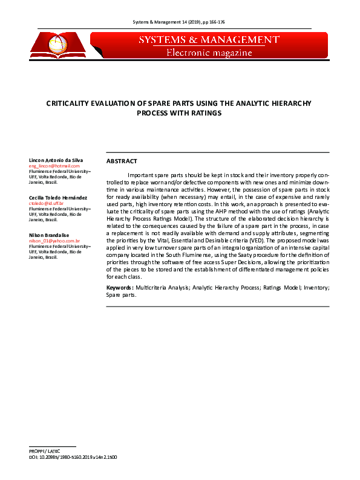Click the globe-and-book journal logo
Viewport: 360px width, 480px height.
(x=59, y=45)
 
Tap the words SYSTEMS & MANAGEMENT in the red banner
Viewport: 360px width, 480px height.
(x=209, y=40)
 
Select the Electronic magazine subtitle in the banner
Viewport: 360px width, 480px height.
(x=209, y=53)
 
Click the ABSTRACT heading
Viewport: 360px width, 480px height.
(x=122, y=161)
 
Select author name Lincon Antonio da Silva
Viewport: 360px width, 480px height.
(x=56, y=160)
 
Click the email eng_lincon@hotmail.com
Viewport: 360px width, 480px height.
(x=54, y=166)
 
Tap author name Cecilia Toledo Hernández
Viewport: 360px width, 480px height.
(x=58, y=198)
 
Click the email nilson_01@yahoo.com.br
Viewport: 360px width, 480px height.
(x=54, y=241)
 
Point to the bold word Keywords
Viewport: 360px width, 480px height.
(x=119, y=288)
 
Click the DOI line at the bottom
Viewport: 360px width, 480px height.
(x=73, y=458)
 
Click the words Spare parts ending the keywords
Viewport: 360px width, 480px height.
(x=121, y=296)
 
